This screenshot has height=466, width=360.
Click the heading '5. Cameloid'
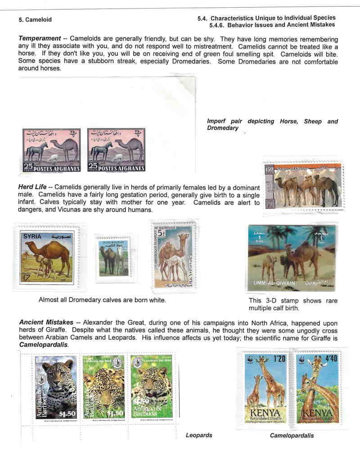(35, 20)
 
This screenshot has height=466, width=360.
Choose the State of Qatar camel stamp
(303, 185)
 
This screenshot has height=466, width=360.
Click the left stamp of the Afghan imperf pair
(52, 151)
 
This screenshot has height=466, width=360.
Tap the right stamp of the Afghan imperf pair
(117, 151)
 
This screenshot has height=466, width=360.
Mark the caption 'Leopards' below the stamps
(199, 435)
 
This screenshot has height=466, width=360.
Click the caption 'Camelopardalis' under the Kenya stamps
(292, 436)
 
